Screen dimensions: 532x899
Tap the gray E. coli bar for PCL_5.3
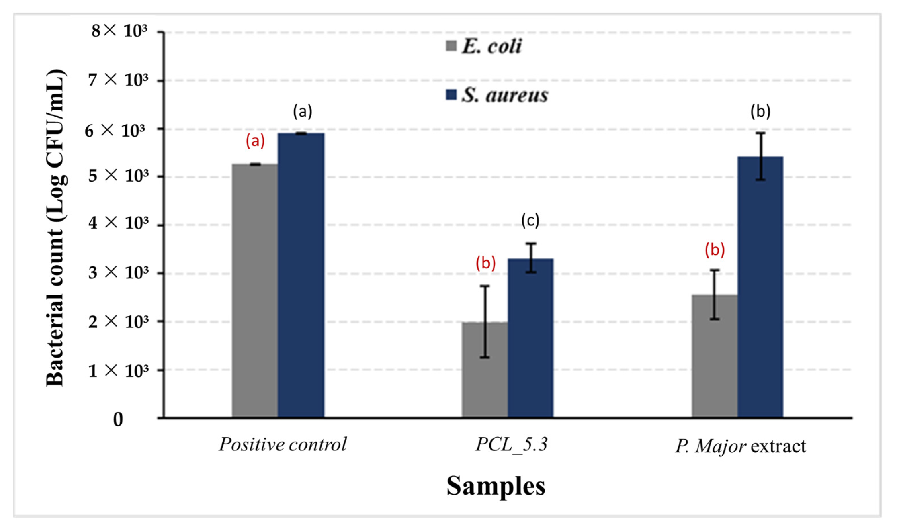click(474, 370)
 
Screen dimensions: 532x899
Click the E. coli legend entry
click(484, 46)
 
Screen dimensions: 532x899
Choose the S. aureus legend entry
click(498, 95)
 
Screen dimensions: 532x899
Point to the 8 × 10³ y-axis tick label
click(119, 31)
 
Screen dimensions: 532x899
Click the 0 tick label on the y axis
click(118, 419)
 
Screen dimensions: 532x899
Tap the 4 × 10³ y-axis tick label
click(119, 223)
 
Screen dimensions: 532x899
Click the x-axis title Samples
click(496, 486)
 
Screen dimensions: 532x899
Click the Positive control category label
click(283, 444)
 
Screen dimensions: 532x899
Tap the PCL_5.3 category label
click(512, 444)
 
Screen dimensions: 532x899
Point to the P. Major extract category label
click(741, 446)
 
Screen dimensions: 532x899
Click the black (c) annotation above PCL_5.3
click(530, 220)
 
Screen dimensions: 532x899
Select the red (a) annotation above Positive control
click(255, 141)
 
